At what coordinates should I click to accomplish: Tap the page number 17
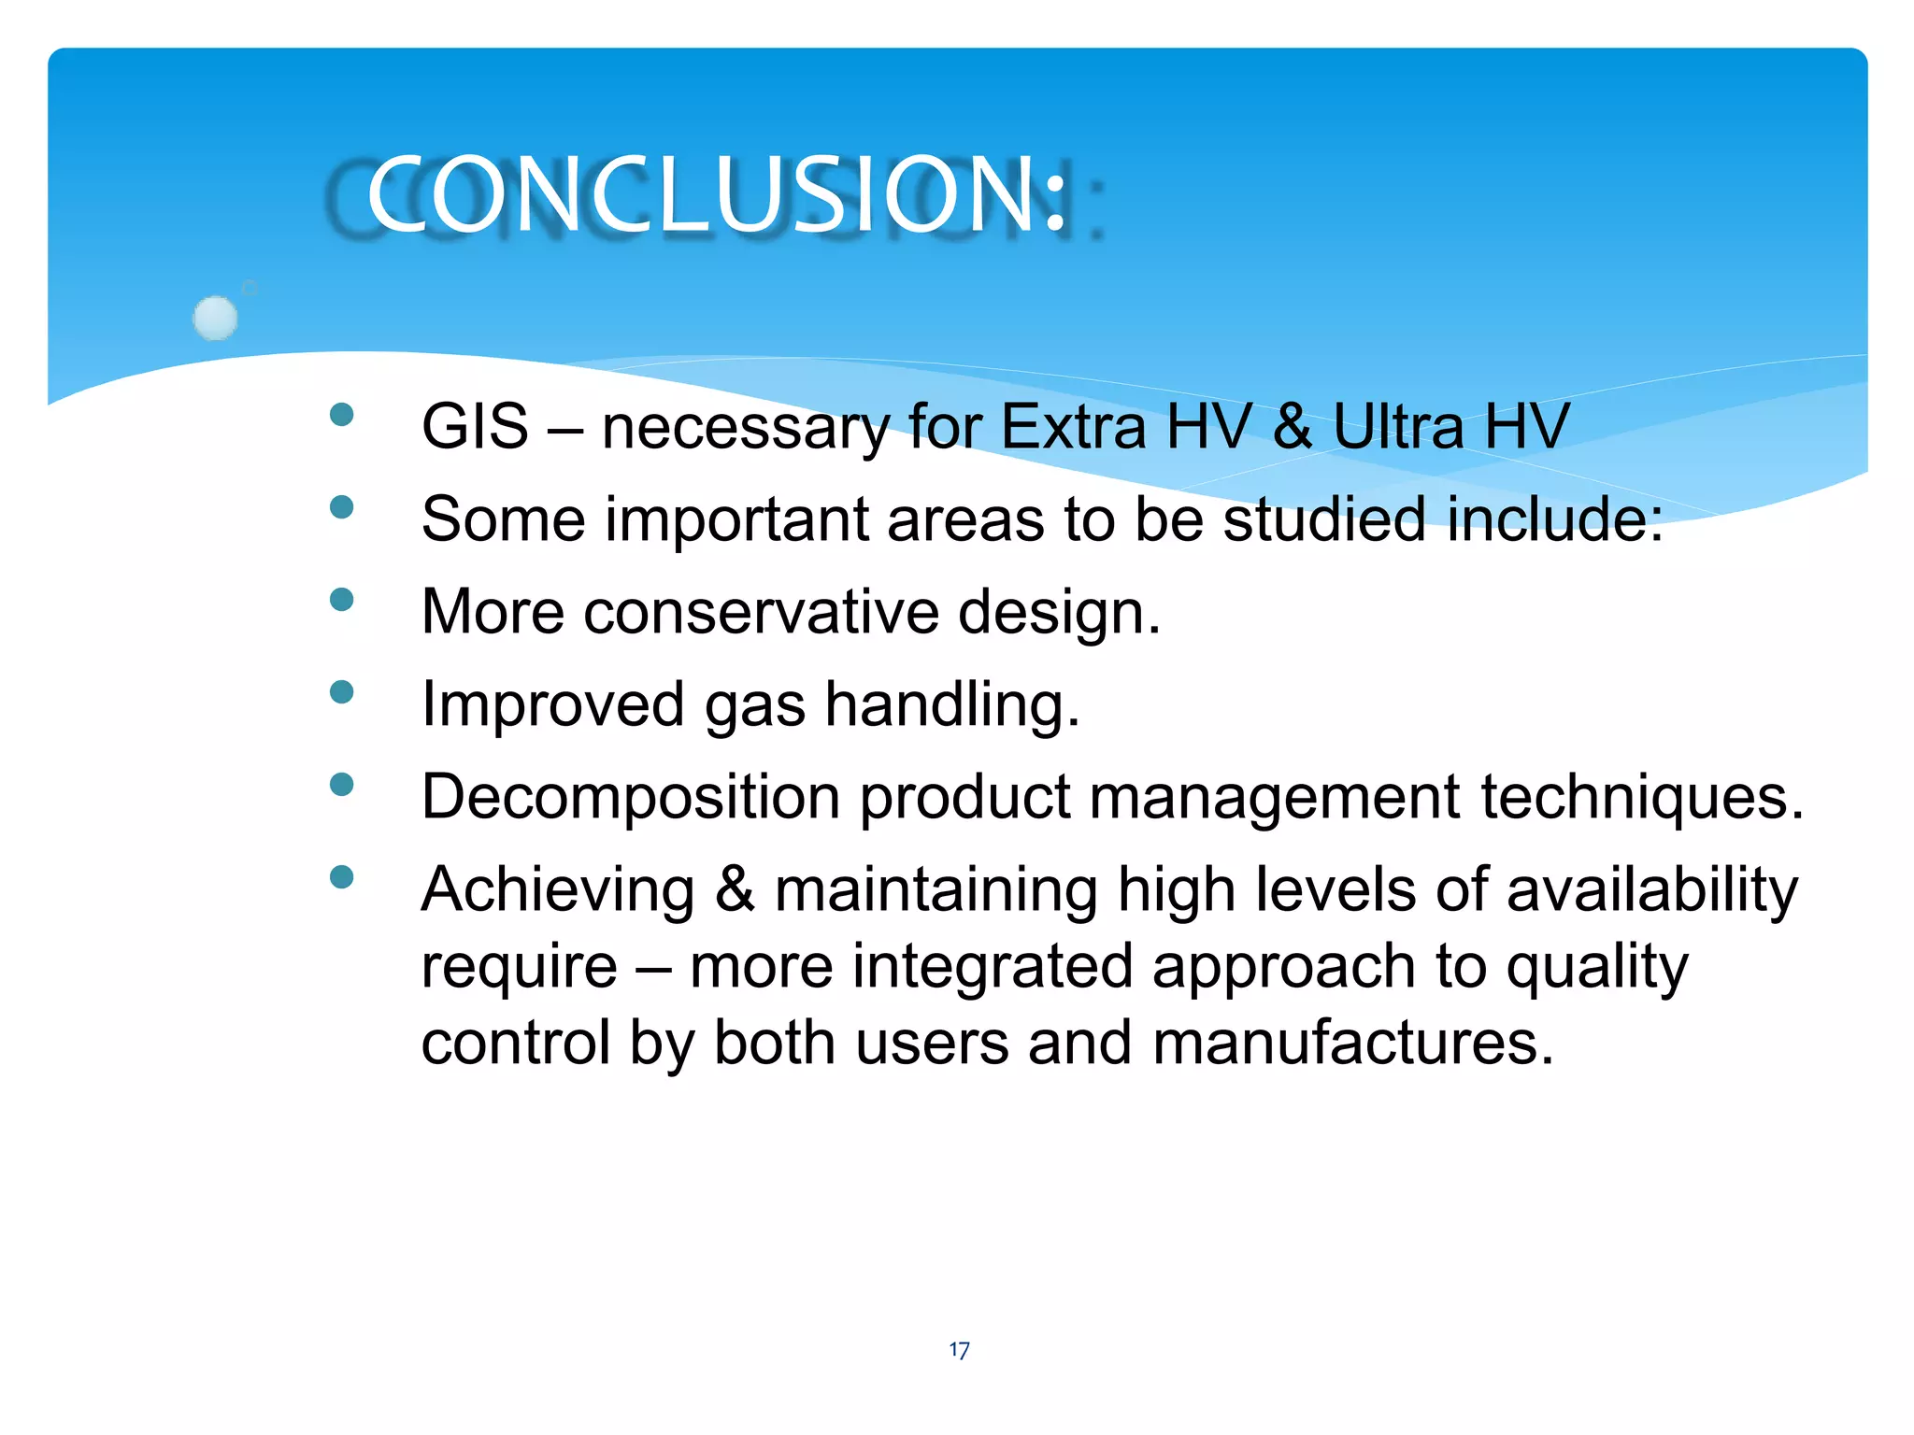(x=959, y=1350)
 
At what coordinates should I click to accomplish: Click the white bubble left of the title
(x=216, y=318)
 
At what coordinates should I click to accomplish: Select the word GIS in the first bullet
(x=475, y=427)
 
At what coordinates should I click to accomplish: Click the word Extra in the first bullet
(x=1073, y=427)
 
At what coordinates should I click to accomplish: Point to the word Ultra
(x=1398, y=427)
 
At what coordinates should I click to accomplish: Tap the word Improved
(x=552, y=705)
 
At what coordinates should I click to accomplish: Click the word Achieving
(x=558, y=890)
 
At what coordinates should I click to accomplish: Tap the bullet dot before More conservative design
(x=342, y=599)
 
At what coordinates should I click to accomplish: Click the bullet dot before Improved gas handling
(x=342, y=691)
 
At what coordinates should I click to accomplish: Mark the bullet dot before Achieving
(x=342, y=876)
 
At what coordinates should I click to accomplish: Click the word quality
(x=1597, y=967)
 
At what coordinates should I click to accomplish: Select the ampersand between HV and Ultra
(x=1293, y=427)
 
